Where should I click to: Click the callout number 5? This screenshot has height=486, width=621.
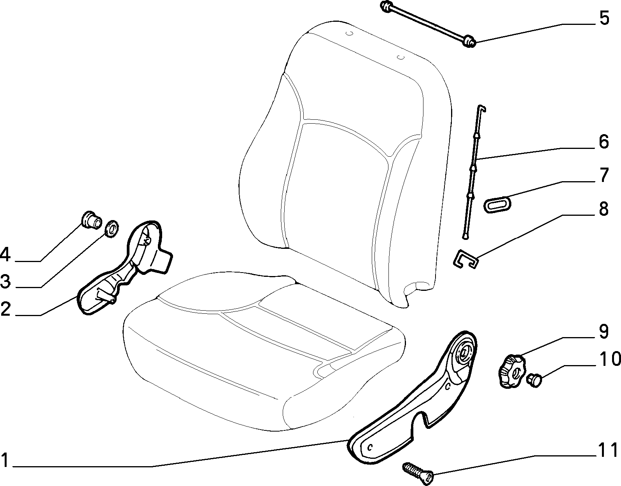pos(604,18)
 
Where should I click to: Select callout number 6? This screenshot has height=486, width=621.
pos(604,142)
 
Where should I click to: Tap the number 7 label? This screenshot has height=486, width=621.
pos(604,175)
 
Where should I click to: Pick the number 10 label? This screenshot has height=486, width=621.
pos(610,359)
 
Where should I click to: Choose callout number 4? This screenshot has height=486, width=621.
pos(5,255)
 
